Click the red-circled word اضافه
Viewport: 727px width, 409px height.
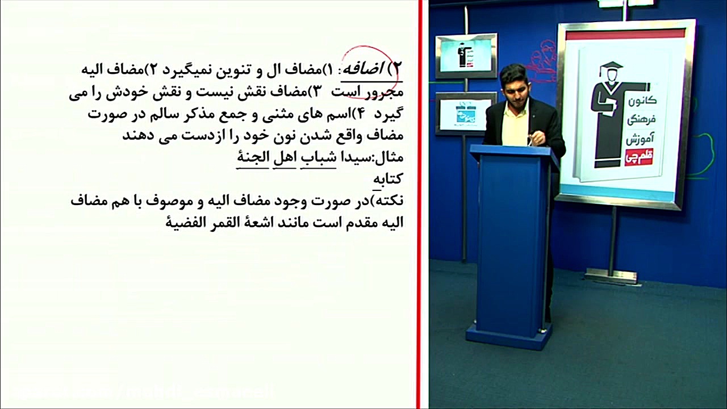pos(365,70)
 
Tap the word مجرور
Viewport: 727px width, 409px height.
pos(385,91)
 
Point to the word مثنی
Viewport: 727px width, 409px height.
pos(283,114)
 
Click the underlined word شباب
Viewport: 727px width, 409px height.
pos(319,157)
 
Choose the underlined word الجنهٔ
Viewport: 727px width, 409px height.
pos(253,157)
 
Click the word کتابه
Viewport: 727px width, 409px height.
pos(388,178)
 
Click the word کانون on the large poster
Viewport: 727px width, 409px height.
pos(643,100)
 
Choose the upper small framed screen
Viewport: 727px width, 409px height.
pos(466,55)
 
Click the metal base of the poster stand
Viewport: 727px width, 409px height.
pos(612,276)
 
